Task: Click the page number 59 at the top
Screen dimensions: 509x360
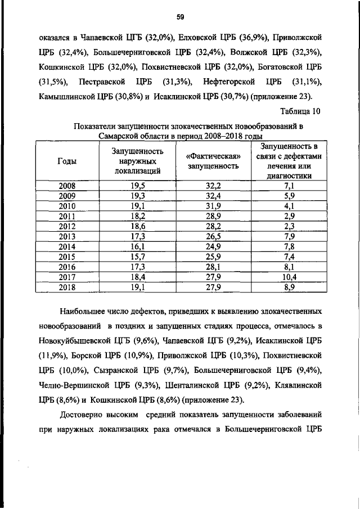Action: point(181,17)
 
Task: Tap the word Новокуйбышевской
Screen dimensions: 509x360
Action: point(75,341)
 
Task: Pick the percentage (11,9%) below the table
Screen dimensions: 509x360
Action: point(53,355)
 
